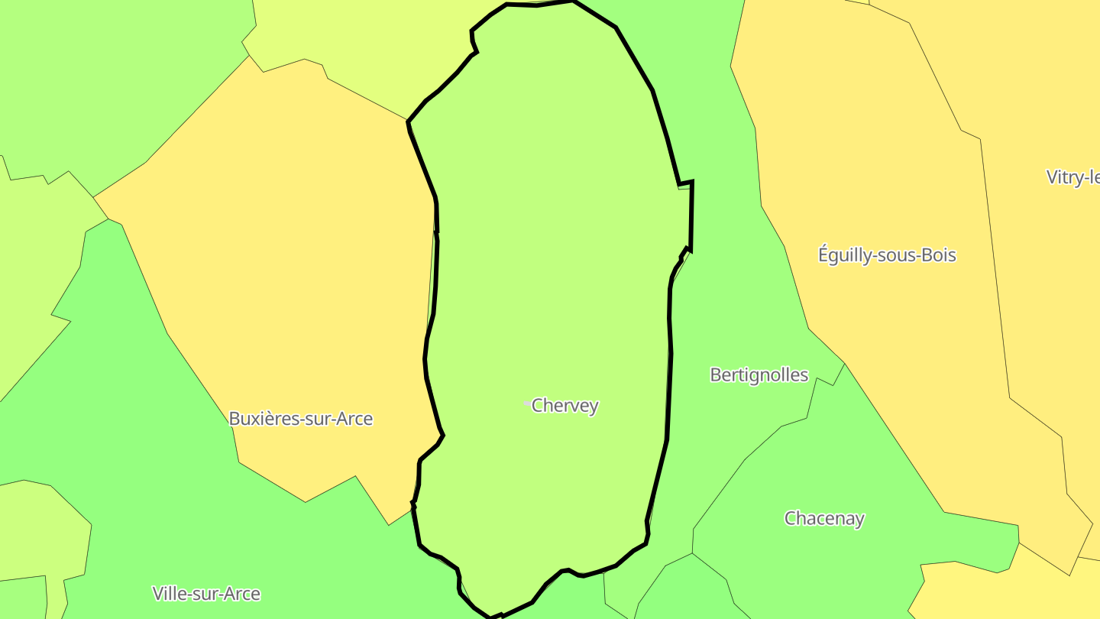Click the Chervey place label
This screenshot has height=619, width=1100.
pos(565,406)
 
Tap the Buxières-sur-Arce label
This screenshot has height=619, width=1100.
pos(301,419)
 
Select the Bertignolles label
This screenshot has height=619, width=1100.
pos(759,375)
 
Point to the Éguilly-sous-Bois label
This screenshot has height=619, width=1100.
pos(887,254)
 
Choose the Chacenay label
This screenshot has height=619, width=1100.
pos(824,518)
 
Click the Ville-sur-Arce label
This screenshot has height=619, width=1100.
pos(206,594)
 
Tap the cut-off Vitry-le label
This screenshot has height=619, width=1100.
pos(1073,177)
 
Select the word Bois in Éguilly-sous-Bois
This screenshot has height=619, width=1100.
pos(937,254)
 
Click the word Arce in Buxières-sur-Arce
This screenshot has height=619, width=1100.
pos(354,419)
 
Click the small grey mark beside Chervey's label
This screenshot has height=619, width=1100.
pos(526,403)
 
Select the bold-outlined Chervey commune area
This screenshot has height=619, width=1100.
pos(550,229)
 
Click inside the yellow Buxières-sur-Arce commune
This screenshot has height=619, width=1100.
pos(290,267)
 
